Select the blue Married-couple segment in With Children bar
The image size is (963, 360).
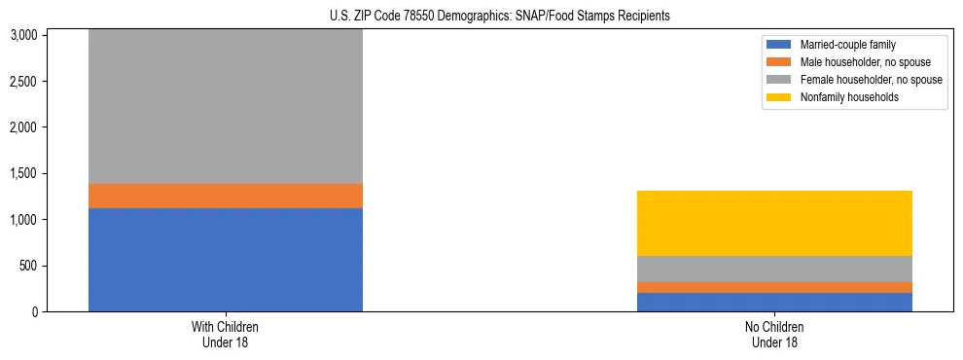(226, 260)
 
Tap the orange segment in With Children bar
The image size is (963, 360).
(226, 196)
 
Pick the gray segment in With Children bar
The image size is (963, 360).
(226, 106)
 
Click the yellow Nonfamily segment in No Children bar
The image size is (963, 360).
(774, 223)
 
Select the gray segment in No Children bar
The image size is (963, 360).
(774, 269)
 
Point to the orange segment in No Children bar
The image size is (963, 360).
(774, 287)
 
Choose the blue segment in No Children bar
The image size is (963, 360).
(774, 302)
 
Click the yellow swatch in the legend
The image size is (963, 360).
(780, 97)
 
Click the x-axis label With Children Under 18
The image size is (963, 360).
(226, 334)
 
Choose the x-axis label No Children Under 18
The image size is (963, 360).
(774, 334)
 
